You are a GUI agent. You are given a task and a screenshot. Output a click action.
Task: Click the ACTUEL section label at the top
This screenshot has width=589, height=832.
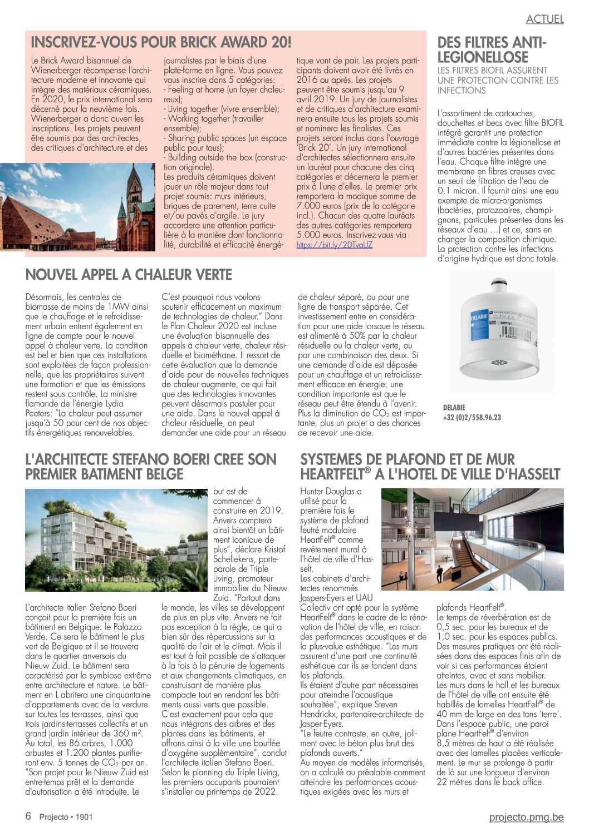[x=544, y=19]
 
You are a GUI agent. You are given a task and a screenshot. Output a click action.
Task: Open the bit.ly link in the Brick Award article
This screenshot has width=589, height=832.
[x=334, y=245]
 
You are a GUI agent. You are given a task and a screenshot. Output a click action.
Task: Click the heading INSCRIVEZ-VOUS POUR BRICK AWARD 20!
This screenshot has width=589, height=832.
[x=161, y=42]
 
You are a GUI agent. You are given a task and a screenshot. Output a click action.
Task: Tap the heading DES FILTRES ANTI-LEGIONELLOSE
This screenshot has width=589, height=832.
[x=492, y=50]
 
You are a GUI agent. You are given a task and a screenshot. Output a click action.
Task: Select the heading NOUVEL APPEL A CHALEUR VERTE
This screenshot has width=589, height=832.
[x=129, y=275]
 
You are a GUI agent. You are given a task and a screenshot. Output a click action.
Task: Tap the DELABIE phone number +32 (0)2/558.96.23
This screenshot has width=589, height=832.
[x=472, y=418]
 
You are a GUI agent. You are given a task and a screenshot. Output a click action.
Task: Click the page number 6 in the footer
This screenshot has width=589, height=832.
[x=28, y=816]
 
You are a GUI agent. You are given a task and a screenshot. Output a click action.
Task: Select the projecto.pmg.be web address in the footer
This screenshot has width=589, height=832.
[x=526, y=817]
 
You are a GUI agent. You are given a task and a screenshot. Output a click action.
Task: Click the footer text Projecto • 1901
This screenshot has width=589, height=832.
[x=66, y=817]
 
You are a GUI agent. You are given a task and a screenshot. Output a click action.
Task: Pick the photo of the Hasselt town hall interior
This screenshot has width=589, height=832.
[x=472, y=539]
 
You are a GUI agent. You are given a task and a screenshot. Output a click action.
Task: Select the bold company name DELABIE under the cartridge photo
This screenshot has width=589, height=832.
[x=454, y=408]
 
